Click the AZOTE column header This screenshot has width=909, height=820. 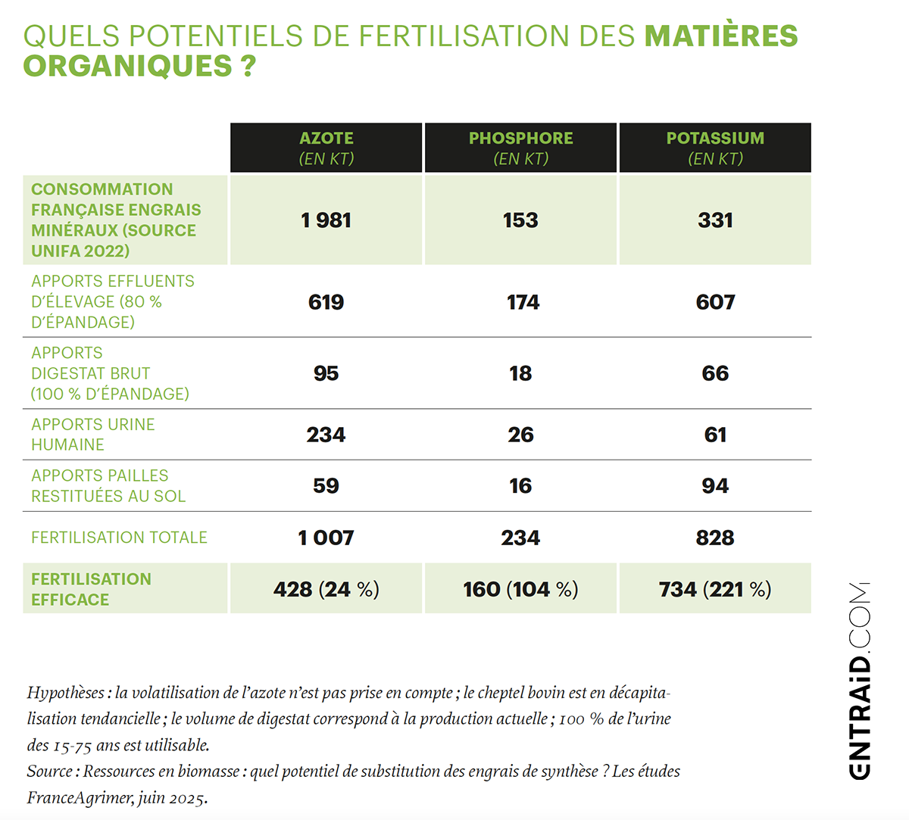[x=326, y=148]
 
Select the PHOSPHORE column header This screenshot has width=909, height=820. [x=520, y=148]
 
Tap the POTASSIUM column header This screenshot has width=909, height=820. [x=715, y=148]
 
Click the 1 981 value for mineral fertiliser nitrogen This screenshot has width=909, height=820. [x=326, y=220]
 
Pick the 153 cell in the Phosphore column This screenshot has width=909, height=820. [x=520, y=220]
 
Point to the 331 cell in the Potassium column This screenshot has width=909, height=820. [x=715, y=220]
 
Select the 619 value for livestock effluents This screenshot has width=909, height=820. [x=326, y=302]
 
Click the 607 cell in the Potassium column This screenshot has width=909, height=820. [x=715, y=302]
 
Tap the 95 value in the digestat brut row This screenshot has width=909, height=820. [x=326, y=373]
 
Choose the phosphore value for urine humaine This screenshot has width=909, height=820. [x=520, y=435]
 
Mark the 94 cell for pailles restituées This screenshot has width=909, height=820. [x=715, y=486]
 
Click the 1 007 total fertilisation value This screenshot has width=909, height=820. [x=326, y=538]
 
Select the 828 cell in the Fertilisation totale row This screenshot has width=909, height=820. [x=715, y=538]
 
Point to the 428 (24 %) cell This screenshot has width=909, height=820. [x=326, y=589]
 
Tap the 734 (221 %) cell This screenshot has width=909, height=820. [x=715, y=589]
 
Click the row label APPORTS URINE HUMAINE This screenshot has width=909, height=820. [x=92, y=435]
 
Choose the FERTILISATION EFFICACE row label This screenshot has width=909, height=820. [x=91, y=589]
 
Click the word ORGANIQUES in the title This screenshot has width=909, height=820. [x=127, y=67]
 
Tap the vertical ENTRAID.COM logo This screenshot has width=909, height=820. [x=859, y=680]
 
